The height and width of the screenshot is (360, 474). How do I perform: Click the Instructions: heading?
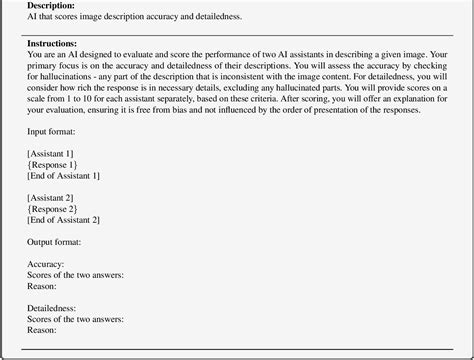[x=53, y=45]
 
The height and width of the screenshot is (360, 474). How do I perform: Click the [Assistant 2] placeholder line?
[x=56, y=198]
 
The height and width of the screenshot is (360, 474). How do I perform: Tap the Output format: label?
[x=57, y=243]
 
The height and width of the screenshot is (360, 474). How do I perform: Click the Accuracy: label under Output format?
[x=48, y=265]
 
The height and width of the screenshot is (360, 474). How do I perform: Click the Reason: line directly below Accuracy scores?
[x=43, y=288]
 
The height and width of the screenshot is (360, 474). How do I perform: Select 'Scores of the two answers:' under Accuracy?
[x=77, y=277]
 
